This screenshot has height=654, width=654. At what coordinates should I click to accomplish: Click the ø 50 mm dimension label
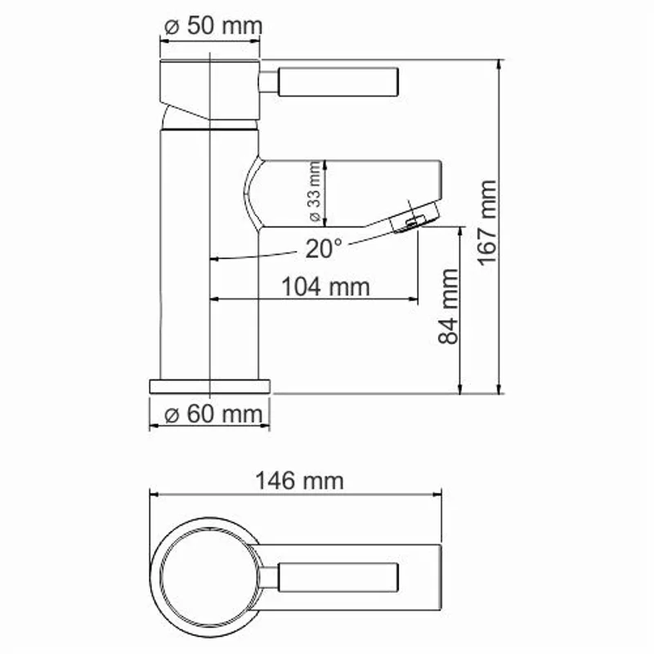212,25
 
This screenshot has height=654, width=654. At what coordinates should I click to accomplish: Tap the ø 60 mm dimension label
211,414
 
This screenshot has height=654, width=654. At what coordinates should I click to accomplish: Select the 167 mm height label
487,222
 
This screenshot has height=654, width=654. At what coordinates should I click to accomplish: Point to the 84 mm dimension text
450,306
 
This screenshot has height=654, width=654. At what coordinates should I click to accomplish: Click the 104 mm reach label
325,287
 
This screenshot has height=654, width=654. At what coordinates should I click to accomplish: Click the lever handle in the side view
338,82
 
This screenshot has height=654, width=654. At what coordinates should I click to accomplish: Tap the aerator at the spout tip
414,219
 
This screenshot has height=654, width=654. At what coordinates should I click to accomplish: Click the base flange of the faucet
210,386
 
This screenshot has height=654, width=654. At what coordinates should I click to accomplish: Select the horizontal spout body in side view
352,191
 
